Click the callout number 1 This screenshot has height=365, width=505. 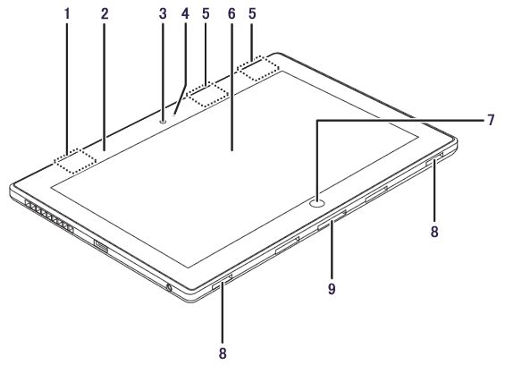coord(67,13)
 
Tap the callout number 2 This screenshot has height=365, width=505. coord(105,13)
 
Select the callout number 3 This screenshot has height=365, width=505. coord(163,13)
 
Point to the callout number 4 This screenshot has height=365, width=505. coord(185,13)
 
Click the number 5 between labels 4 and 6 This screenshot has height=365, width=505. coord(206,13)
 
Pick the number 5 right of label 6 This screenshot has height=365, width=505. coord(252,13)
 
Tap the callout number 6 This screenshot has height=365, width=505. coord(231,13)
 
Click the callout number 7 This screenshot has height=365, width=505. coord(491,120)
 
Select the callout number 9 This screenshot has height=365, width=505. coord(332,289)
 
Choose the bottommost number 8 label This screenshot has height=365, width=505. coord(223,353)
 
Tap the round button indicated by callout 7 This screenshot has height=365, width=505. coord(317,203)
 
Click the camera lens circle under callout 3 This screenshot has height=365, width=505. coord(163,122)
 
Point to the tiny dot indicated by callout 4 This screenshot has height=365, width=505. coord(174,115)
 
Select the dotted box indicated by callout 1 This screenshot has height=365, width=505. coord(75,161)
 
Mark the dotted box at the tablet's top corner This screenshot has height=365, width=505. coord(258,68)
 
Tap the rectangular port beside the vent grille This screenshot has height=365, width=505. coord(101,245)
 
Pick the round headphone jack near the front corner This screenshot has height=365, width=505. coord(168,287)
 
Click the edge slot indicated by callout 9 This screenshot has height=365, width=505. coord(332,220)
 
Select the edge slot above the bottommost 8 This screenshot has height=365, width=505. coord(223,282)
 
